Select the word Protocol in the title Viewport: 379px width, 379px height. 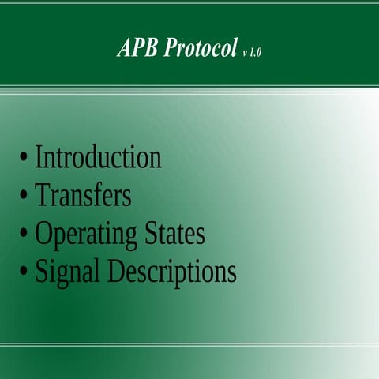201,49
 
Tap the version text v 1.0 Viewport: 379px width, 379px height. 253,52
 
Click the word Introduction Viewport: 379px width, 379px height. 98,157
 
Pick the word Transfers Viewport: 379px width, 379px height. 83,195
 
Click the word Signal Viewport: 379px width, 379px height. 67,272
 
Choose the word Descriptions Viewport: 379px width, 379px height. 172,272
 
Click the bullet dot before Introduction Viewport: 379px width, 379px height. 24,158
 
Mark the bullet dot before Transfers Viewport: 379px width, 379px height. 24,196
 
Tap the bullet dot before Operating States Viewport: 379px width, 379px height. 24,235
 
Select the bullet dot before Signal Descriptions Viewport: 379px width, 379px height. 24,272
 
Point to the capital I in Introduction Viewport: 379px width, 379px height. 39,156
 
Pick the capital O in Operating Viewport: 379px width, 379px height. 43,233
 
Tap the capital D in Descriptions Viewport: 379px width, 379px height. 116,271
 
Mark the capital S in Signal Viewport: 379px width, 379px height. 42,271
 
